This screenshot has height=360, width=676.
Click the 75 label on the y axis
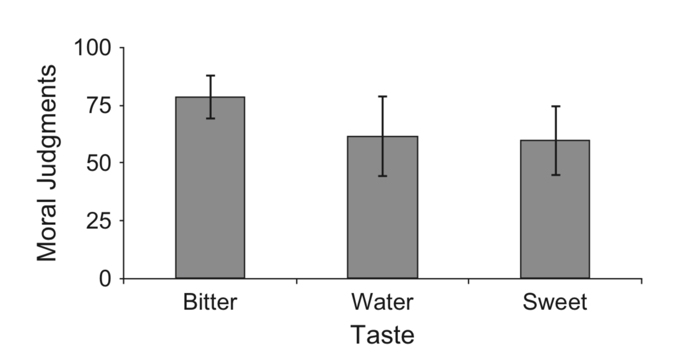102,106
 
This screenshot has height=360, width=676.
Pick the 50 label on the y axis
102,163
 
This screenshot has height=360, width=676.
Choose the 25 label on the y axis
102,221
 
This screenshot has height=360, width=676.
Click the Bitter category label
210,303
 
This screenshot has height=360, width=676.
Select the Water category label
382,303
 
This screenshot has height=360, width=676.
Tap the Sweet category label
555,303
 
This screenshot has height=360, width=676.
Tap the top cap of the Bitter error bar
210,76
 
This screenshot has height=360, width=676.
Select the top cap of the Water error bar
382,97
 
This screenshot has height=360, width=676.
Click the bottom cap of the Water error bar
382,176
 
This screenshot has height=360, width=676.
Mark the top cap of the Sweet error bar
555,106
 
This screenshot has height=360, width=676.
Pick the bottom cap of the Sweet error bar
555,175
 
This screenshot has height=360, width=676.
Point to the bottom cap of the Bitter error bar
210,118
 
